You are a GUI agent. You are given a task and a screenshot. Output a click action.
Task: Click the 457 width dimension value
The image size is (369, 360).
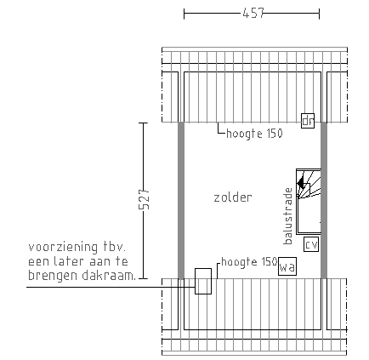tap(253, 13)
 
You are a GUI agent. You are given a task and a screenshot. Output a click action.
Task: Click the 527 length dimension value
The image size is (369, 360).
tap(145, 199)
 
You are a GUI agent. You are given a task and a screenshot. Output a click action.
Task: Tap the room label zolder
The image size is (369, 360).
tap(233, 197)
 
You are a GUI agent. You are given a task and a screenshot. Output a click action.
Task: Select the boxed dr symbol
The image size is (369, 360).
tap(308, 121)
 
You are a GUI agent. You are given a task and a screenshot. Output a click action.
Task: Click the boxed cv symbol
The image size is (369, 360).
tap(311, 244)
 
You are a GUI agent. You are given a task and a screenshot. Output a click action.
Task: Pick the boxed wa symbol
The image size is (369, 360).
tap(287, 266)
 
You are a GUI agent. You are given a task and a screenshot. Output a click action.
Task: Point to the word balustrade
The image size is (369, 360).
tap(288, 216)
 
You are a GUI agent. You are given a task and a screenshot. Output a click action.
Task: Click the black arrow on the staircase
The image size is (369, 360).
tap(300, 182)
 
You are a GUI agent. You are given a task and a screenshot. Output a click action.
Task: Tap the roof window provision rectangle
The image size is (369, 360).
tap(203, 281)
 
